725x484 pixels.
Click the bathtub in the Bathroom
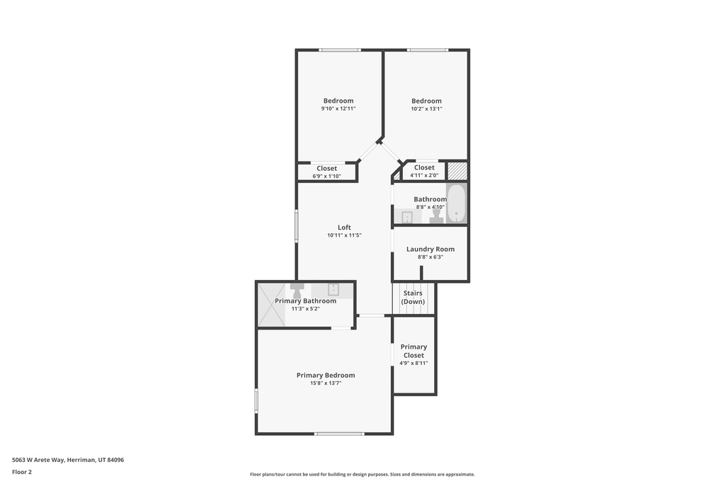click(456, 203)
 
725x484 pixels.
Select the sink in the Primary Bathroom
click(332, 289)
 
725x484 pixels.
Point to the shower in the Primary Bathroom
click(271, 305)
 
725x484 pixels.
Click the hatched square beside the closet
click(457, 171)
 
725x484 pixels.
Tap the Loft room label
click(344, 227)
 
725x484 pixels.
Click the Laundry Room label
click(430, 249)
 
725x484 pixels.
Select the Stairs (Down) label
click(413, 297)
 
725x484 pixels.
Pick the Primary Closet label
click(413, 351)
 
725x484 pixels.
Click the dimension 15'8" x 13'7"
click(326, 383)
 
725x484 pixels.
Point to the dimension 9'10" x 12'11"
click(338, 108)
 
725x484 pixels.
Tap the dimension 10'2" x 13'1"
click(426, 108)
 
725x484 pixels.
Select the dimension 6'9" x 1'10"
click(326, 176)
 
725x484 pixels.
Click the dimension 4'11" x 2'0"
click(424, 175)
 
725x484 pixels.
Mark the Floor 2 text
click(22, 471)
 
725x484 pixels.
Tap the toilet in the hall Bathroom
click(436, 216)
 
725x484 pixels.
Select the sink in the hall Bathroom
click(407, 218)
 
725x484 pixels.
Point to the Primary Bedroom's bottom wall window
click(339, 433)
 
